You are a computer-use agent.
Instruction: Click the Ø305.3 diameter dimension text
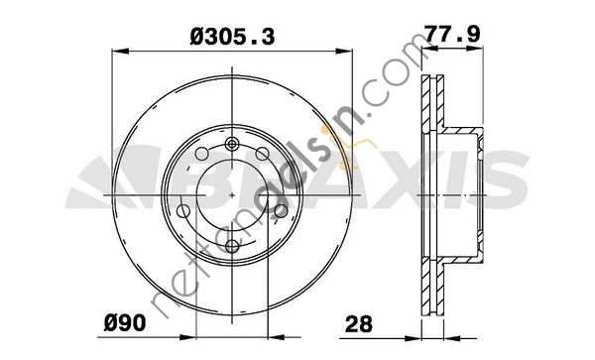tap(232, 37)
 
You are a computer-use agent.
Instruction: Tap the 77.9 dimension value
tap(452, 34)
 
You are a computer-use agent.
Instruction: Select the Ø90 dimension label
tap(125, 323)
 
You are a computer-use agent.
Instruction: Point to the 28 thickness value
tap(359, 324)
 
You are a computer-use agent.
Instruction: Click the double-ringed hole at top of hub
tap(232, 144)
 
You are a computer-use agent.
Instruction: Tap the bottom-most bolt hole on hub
tap(232, 246)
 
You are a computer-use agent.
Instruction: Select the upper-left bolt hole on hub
tap(201, 154)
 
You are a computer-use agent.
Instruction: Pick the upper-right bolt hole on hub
tap(262, 154)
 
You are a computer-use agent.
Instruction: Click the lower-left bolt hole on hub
tap(183, 211)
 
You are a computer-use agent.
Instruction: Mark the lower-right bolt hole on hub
tap(281, 211)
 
